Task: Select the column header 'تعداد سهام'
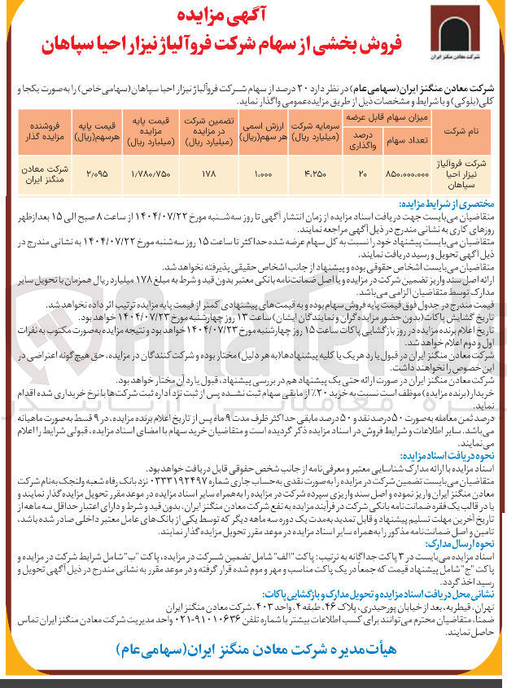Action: click(x=403, y=140)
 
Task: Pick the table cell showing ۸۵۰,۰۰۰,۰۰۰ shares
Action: click(x=403, y=174)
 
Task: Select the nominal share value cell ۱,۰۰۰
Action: click(x=260, y=174)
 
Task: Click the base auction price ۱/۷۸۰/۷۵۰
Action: click(x=151, y=174)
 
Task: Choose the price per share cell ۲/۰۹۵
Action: click(x=97, y=174)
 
